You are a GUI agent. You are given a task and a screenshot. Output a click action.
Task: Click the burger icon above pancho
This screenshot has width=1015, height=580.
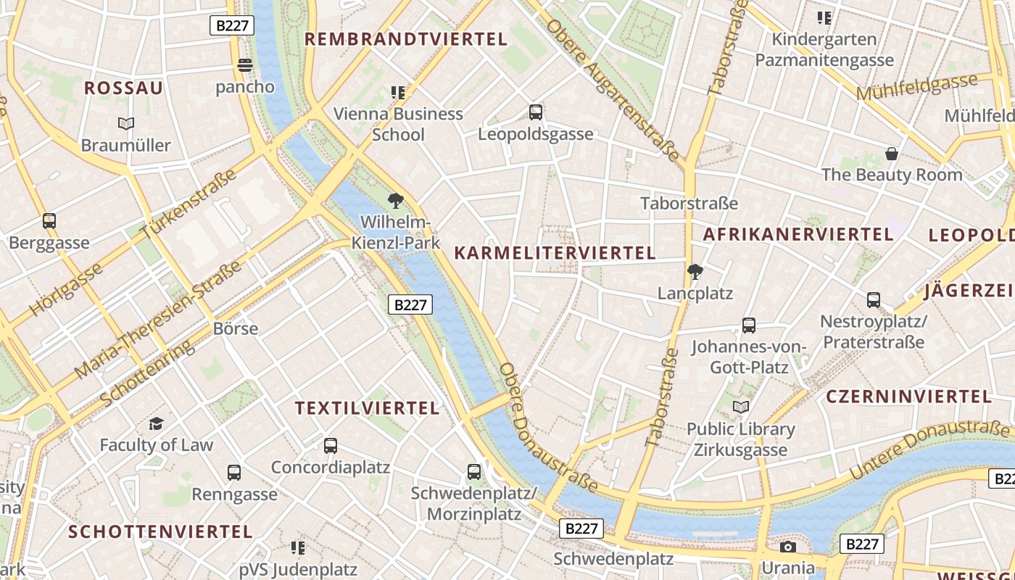tap(245, 65)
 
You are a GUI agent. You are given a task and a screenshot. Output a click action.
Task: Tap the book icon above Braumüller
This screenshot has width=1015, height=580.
tap(126, 124)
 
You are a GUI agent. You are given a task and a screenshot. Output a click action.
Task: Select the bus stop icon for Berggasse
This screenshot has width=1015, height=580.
tap(49, 221)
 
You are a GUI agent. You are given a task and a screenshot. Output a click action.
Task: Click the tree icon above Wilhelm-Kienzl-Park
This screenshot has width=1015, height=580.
tap(396, 200)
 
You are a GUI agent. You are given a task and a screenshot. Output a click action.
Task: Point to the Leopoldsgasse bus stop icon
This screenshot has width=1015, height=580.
tap(536, 112)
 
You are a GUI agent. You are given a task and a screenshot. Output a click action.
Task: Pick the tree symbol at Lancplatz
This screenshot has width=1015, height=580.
tap(695, 272)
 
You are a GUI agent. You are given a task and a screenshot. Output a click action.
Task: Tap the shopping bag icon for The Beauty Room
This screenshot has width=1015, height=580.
tap(892, 154)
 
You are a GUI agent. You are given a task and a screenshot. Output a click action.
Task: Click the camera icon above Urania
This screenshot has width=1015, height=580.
tap(788, 547)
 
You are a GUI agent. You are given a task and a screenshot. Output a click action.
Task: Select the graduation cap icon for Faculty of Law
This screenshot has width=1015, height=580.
tap(156, 423)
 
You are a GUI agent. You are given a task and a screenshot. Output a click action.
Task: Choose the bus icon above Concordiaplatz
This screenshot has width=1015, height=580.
tap(331, 446)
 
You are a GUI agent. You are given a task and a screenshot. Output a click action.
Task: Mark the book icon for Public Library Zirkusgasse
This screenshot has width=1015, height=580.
tap(740, 407)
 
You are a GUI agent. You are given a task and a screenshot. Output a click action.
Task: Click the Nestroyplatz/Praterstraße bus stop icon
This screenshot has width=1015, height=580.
tap(874, 299)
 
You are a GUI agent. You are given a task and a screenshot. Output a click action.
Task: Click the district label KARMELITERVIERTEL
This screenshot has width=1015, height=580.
tap(555, 253)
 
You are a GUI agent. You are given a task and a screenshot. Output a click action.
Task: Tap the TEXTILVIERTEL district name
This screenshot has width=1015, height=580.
tap(367, 408)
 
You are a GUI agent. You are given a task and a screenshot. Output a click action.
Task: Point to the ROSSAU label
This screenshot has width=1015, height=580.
tap(124, 88)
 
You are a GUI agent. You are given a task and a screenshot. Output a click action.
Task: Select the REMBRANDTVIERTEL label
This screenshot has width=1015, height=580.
tap(405, 39)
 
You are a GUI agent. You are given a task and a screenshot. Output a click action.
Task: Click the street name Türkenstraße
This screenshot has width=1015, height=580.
tap(189, 204)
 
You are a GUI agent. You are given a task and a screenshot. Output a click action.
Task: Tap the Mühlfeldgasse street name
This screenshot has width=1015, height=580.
tap(916, 88)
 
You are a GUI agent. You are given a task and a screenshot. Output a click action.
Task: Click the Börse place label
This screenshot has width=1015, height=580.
tap(236, 328)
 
